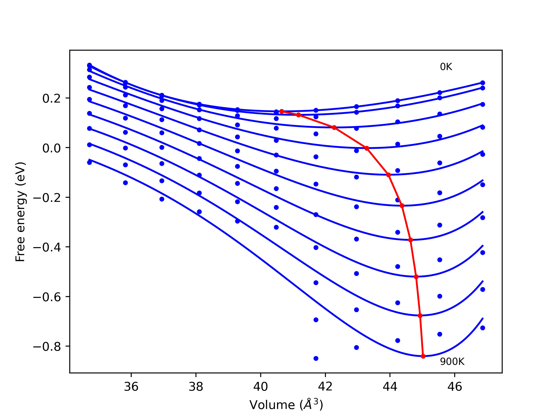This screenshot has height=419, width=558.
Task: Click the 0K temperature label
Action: tap(446, 67)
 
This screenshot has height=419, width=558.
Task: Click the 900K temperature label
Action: tap(452, 362)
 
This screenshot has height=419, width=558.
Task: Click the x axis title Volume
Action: tap(286, 405)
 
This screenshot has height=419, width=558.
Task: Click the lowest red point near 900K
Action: tap(423, 356)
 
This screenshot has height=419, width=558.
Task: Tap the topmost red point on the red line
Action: tap(282, 111)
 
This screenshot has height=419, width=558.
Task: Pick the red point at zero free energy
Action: tap(367, 148)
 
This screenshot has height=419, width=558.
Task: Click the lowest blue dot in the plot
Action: tap(316, 359)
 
